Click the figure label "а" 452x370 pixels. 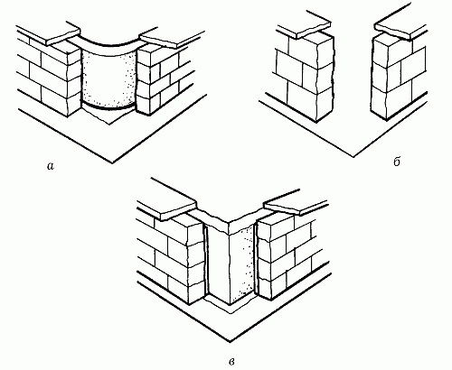click(51, 166)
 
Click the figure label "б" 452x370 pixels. click(397, 162)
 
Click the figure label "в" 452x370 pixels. click(231, 361)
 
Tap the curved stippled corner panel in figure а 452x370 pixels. click(109, 79)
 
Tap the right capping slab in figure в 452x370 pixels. click(296, 205)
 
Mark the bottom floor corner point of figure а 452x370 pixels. click(112, 163)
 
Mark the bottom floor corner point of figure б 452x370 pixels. click(353, 157)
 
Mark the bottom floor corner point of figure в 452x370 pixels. click(230, 342)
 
